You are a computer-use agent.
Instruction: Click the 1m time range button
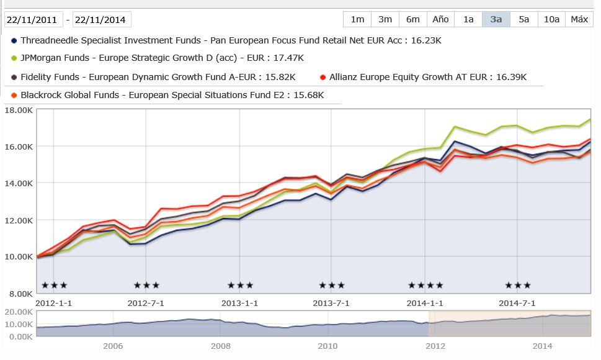357,19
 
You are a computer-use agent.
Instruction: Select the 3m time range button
385,19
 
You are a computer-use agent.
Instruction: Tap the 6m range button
413,19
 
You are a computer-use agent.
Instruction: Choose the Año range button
440,19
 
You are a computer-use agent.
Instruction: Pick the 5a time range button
524,19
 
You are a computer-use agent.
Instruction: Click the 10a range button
551,19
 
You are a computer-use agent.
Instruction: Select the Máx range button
579,19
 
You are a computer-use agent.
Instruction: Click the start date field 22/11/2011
33,20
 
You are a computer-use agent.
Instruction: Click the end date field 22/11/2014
102,20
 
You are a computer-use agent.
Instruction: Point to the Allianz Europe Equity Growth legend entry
427,77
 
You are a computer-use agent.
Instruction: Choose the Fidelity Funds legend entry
158,77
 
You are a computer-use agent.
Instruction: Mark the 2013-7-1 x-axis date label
331,303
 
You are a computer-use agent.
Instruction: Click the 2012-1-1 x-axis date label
54,303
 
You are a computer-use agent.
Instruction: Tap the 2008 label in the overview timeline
220,346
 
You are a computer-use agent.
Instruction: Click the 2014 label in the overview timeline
542,346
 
